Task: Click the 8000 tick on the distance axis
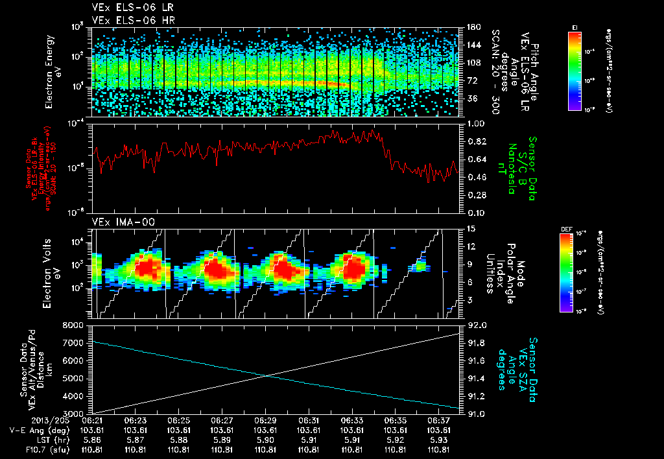click(x=74, y=325)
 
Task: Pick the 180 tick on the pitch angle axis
click(x=473, y=27)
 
